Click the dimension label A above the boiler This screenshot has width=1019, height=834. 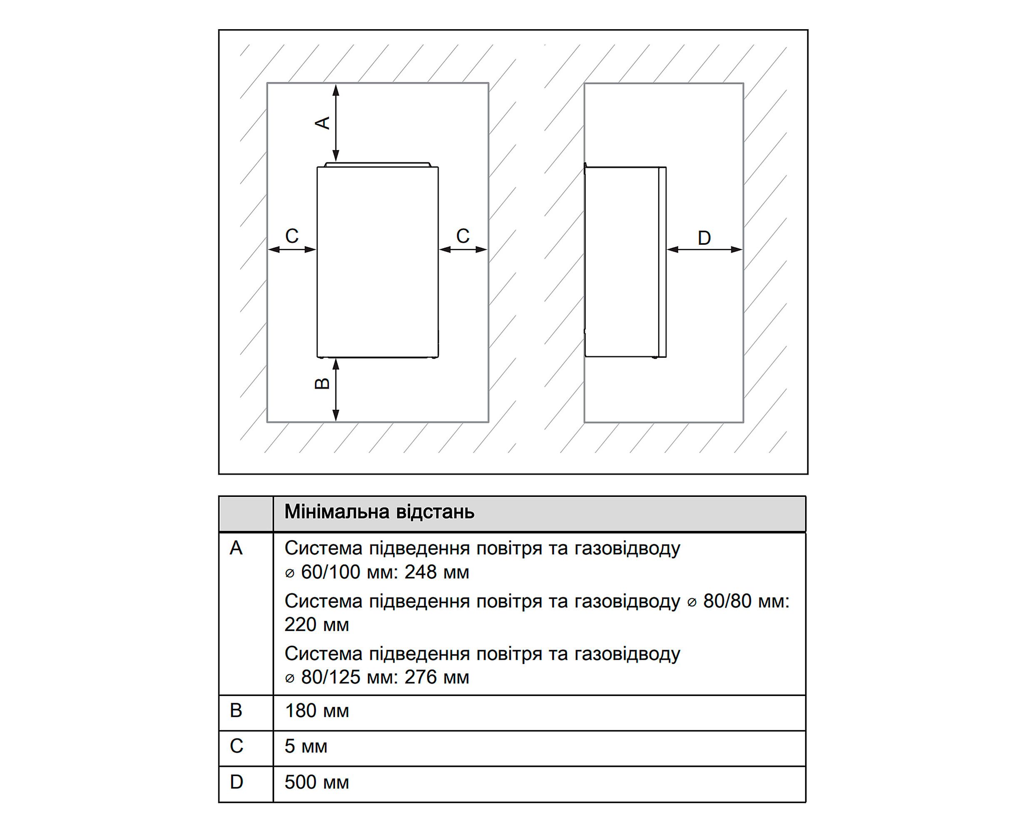point(324,123)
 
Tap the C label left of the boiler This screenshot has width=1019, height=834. point(292,236)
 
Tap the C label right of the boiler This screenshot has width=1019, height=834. point(463,236)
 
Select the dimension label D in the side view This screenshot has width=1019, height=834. point(704,238)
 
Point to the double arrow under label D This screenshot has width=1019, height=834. point(704,249)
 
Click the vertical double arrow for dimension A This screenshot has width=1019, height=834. point(336,123)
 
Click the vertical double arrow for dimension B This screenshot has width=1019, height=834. point(336,389)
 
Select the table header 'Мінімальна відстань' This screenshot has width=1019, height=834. point(379,512)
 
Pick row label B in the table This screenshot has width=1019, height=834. point(236,711)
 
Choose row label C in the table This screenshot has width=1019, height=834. point(236,746)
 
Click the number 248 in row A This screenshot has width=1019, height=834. point(421,572)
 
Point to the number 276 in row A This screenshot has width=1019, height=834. point(421,677)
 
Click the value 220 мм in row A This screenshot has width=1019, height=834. point(317,625)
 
